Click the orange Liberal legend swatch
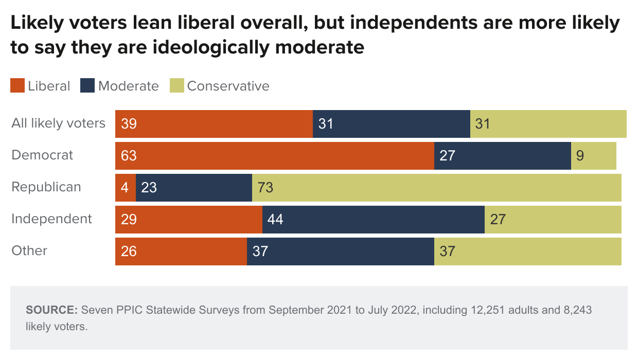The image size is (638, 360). pos(17,86)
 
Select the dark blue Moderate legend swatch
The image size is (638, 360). pos(87,86)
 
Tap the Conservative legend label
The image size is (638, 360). pos(228,86)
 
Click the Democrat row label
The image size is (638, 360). pos(43,155)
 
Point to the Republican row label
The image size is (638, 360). pos(46,187)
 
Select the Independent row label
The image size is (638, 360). pos(51,219)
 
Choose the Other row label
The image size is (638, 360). pos(29,251)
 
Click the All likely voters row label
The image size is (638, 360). pos(58,123)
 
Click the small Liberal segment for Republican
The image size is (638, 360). pos(125,187)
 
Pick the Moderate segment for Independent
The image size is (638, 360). pos(373,219)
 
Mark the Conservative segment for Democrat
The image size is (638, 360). pos(593,155)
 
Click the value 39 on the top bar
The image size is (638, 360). pos(129,124)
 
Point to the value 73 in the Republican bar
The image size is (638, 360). pos(265,188)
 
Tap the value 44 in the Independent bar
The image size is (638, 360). pos(275,220)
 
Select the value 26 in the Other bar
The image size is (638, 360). pos(129,251)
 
